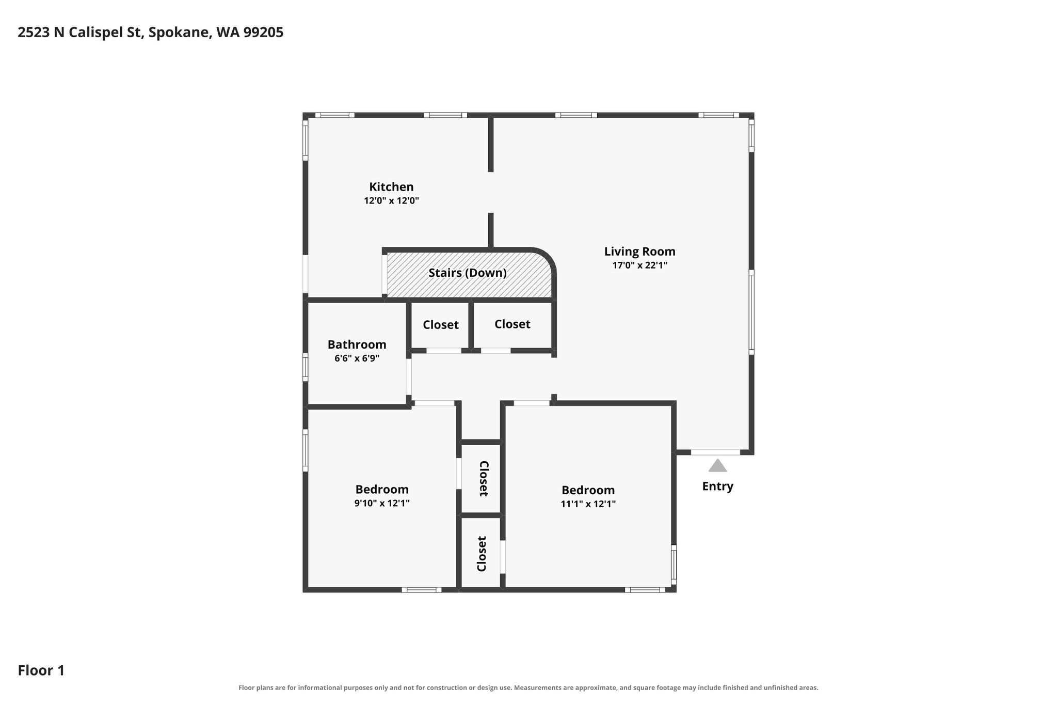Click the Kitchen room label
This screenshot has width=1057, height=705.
point(391,187)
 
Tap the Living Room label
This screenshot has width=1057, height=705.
point(640,252)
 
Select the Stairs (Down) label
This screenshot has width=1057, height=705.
point(468,273)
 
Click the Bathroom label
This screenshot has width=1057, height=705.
point(357,344)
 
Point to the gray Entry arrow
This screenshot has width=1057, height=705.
point(717,465)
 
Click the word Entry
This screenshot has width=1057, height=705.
point(717,487)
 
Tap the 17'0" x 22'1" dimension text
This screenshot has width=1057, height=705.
point(640,265)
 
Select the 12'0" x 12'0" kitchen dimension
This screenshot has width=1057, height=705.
point(391,201)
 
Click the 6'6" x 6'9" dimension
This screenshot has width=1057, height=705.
point(357,358)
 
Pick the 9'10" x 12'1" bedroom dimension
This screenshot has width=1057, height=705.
point(382,503)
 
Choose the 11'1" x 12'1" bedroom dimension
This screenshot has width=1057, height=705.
point(588,504)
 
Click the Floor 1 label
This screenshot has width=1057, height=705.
point(41,670)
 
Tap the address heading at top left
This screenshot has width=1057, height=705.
point(151,33)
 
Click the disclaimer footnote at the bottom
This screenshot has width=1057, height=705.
point(528,687)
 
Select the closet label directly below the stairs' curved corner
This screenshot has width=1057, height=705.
point(513,324)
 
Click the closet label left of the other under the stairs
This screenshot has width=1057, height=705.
point(441,325)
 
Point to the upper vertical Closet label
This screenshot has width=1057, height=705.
point(484,478)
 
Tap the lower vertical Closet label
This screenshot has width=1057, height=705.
point(482,554)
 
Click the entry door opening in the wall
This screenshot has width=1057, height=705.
point(715,452)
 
